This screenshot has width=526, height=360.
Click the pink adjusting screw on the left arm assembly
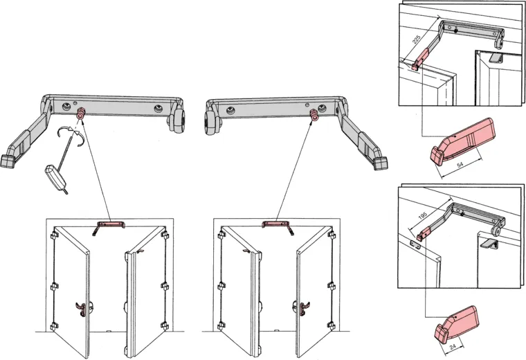point(80,112)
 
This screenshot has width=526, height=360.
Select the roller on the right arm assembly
point(211,122)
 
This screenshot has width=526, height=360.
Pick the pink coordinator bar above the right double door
point(276,223)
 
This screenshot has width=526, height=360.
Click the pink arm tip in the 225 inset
point(415,66)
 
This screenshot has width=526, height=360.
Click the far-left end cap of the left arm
point(8,160)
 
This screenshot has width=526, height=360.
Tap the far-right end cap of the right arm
point(379,162)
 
